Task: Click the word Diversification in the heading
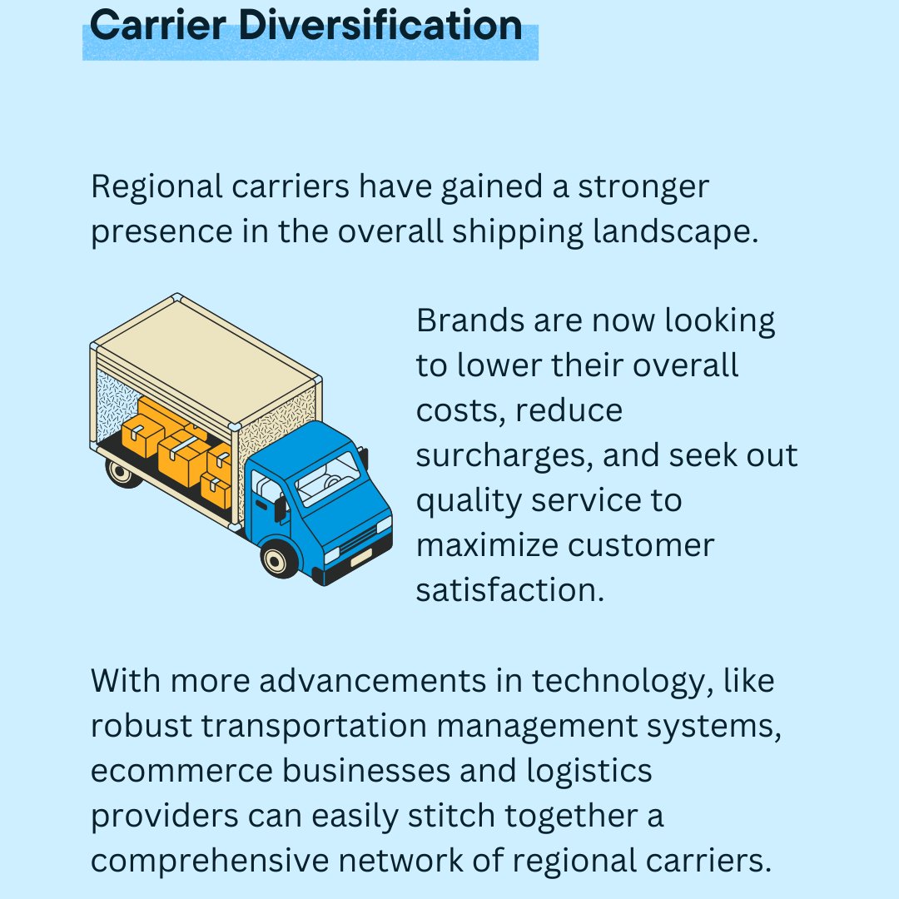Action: point(381,26)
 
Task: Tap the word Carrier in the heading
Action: point(159,26)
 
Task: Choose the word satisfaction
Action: point(508,590)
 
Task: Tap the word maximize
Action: point(485,546)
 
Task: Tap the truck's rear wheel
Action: point(123,473)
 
